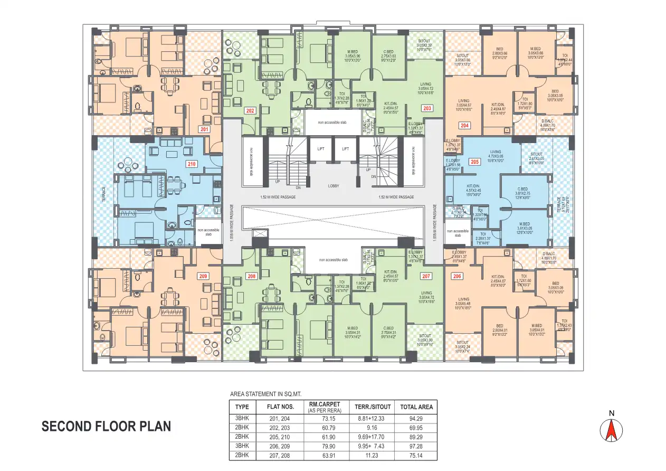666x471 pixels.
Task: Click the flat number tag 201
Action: (x=203, y=129)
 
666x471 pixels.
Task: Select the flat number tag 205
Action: (x=474, y=162)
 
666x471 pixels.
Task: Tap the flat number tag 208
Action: (x=251, y=276)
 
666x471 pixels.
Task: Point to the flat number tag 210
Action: (x=191, y=164)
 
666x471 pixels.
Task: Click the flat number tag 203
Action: (x=427, y=108)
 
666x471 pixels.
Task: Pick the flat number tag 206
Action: (x=457, y=276)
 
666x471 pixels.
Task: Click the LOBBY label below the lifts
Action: (x=333, y=186)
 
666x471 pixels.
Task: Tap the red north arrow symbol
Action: (x=612, y=430)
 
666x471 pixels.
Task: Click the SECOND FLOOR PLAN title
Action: (x=106, y=427)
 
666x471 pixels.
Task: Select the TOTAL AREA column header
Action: (x=416, y=407)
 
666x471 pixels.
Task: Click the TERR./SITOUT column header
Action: (x=373, y=407)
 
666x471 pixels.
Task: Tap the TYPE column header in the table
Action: (x=242, y=407)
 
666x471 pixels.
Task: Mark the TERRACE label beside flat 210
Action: (x=104, y=194)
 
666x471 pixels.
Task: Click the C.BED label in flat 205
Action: (x=522, y=189)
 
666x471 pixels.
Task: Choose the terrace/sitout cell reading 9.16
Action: (x=373, y=428)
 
